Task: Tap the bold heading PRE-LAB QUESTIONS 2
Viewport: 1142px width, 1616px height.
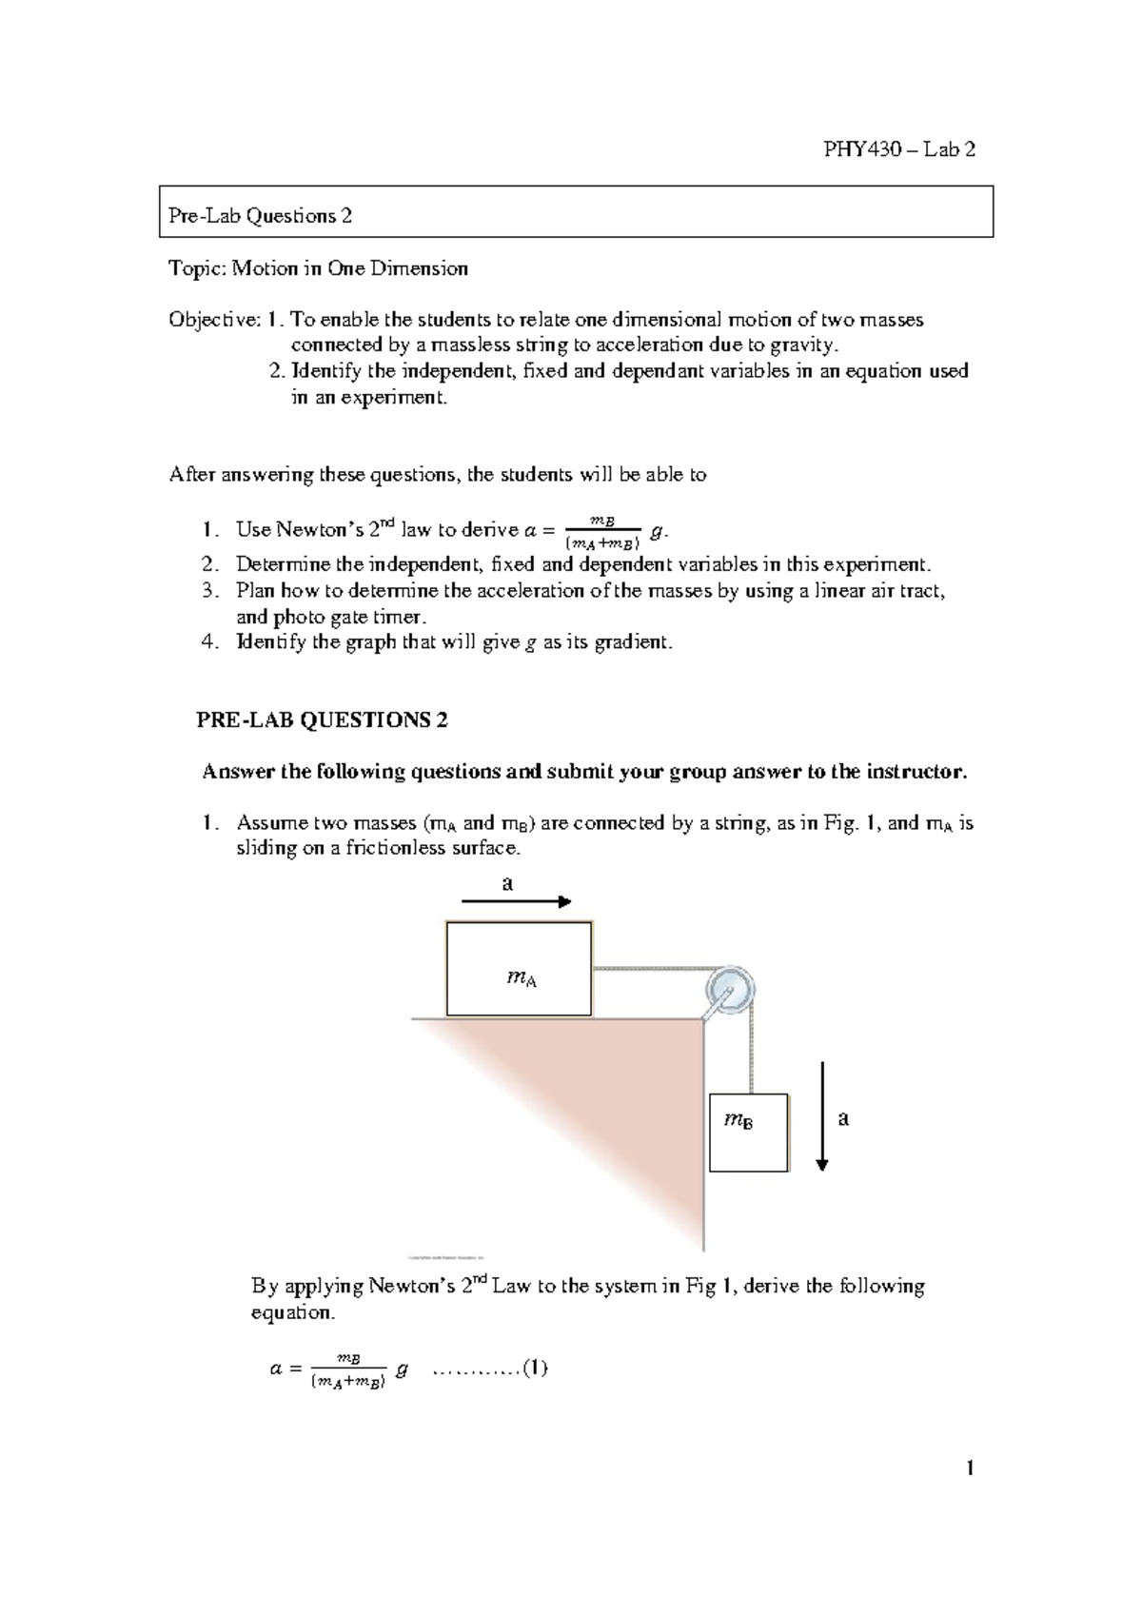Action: coord(322,720)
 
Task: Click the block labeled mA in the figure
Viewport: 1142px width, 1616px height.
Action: coord(520,969)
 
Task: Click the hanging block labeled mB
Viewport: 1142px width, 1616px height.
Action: coord(748,1133)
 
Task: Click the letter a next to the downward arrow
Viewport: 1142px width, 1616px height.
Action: coord(843,1119)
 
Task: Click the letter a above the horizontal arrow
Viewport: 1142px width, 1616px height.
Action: coord(507,883)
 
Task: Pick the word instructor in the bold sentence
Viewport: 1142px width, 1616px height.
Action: coord(919,772)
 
